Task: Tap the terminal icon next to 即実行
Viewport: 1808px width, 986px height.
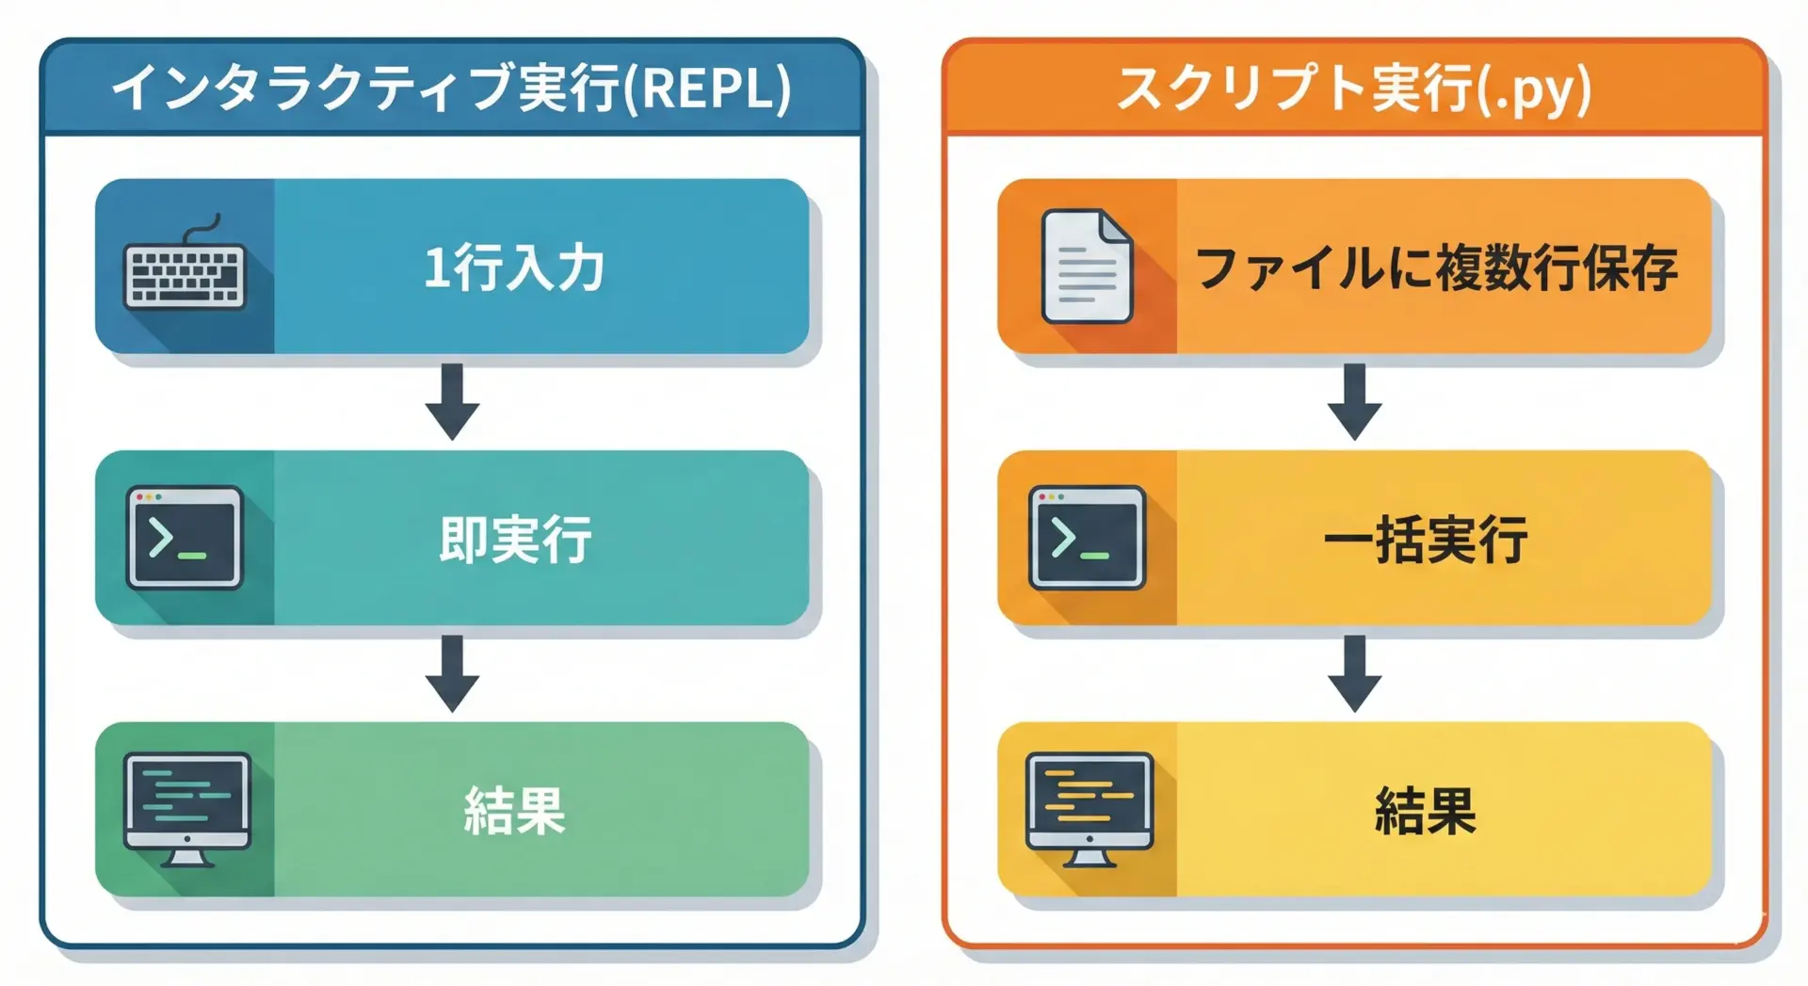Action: [x=185, y=538]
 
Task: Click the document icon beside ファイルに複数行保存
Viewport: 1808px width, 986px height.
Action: [x=1087, y=267]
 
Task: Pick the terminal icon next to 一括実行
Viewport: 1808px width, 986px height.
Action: [x=1087, y=538]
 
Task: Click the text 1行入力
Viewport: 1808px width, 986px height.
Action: [x=514, y=267]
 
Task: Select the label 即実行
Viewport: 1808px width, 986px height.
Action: [x=515, y=539]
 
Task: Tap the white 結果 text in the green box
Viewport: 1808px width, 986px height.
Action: [x=514, y=810]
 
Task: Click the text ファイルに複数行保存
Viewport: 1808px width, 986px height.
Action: [x=1437, y=267]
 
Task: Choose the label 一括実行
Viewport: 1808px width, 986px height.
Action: [x=1426, y=539]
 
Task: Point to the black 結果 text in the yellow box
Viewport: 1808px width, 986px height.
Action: [x=1426, y=810]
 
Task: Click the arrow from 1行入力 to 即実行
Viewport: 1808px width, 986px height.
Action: [x=452, y=402]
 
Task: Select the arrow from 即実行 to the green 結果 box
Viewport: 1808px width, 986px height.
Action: [x=452, y=673]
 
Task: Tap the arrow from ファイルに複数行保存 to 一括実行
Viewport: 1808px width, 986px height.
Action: [x=1354, y=402]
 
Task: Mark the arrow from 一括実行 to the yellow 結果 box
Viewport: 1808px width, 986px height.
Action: [x=1354, y=673]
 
